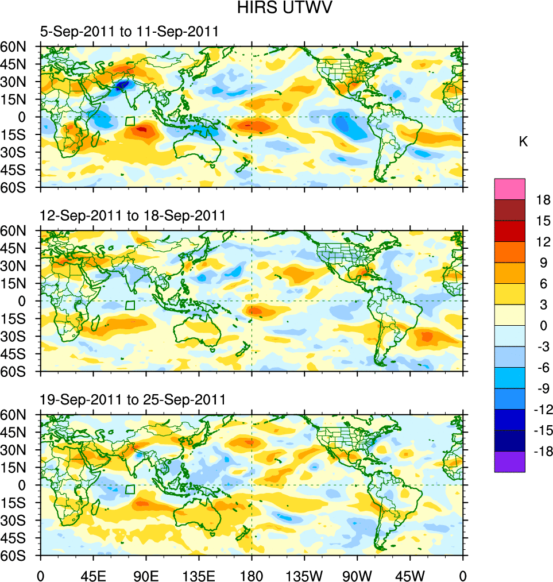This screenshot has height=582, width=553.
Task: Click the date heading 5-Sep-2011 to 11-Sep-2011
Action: tap(129, 32)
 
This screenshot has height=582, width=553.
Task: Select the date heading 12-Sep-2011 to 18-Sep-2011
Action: tap(133, 215)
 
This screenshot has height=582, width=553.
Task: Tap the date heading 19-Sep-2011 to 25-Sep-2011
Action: tap(133, 399)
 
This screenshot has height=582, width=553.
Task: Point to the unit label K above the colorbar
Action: tap(523, 142)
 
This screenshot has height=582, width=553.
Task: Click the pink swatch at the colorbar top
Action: tap(510, 188)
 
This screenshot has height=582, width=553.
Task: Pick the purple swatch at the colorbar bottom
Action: tap(510, 462)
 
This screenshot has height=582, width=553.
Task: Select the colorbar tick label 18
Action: tap(543, 200)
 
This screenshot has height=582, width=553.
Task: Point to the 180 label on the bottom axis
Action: tap(252, 575)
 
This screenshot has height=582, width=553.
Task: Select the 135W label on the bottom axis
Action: tap(304, 575)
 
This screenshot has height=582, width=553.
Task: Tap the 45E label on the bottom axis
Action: tap(93, 575)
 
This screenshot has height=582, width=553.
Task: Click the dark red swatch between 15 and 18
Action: tap(510, 210)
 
